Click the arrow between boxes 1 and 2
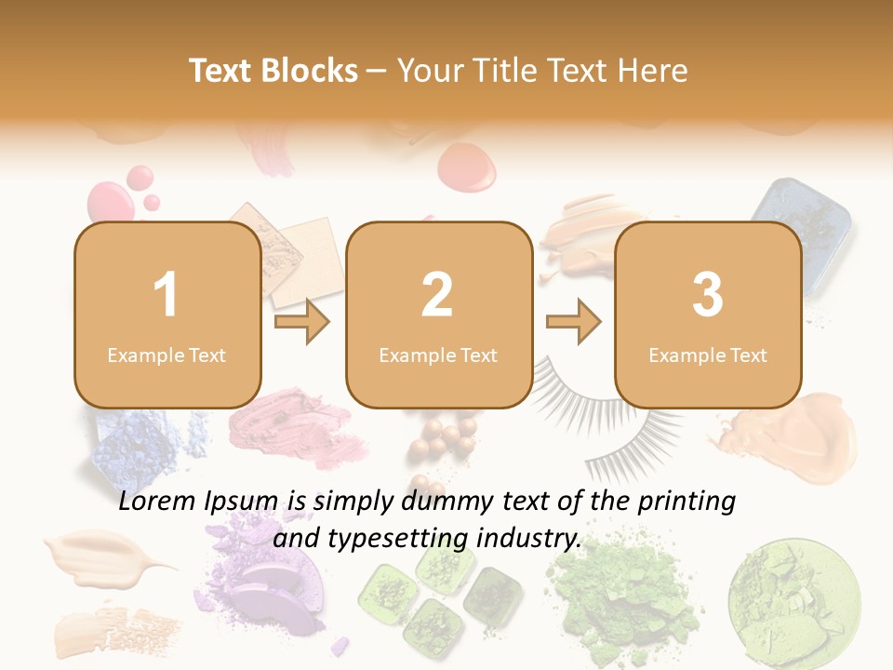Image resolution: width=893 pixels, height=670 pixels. click(x=303, y=322)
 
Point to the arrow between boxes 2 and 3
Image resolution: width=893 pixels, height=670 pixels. click(x=574, y=322)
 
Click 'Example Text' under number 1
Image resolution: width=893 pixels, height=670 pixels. click(x=167, y=355)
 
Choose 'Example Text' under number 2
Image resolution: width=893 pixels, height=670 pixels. click(x=438, y=355)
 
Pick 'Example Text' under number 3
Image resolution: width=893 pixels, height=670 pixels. click(x=708, y=355)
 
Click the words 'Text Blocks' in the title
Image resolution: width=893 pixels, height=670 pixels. click(x=273, y=71)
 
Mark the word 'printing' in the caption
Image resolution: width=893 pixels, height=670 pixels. click(x=686, y=502)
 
